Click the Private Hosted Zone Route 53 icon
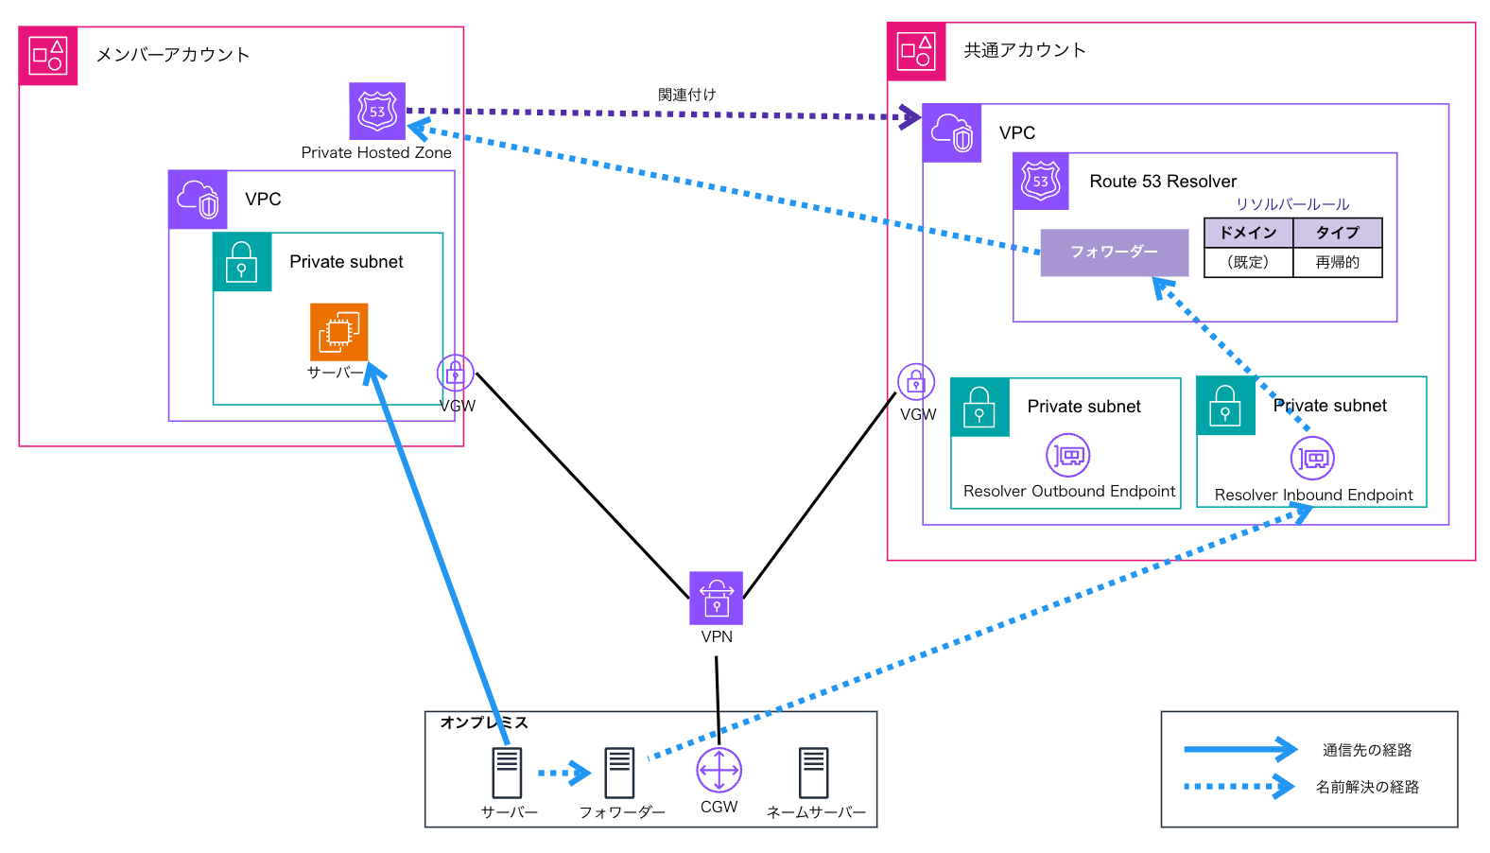(x=377, y=111)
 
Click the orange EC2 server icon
(x=338, y=332)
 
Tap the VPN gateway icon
(x=716, y=598)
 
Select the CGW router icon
(x=719, y=770)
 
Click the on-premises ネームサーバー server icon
(x=813, y=773)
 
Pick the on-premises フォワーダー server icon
(x=620, y=773)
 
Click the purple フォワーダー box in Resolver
(x=1114, y=252)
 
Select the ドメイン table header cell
(x=1248, y=233)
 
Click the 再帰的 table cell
(x=1337, y=262)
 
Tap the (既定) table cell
(x=1248, y=262)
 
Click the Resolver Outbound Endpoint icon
(x=1068, y=456)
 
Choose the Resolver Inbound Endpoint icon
(x=1312, y=459)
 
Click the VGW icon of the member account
(x=455, y=374)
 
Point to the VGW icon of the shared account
(x=916, y=382)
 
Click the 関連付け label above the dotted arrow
(x=686, y=95)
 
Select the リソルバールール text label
(x=1291, y=204)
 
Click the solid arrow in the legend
(x=1239, y=749)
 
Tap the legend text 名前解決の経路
(x=1367, y=787)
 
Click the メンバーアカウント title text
(x=173, y=55)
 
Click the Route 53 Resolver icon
(x=1041, y=182)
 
